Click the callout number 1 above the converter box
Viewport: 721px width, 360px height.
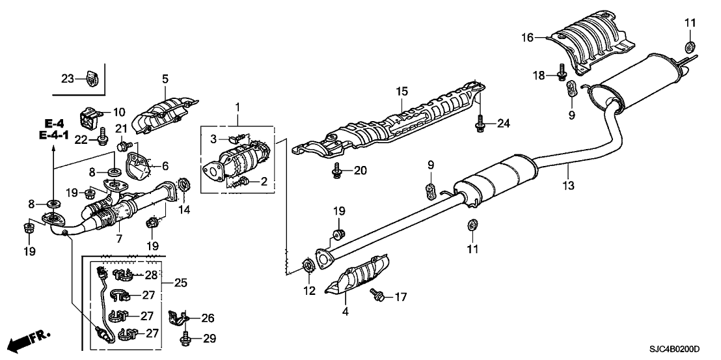pyautogui.click(x=238, y=106)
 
